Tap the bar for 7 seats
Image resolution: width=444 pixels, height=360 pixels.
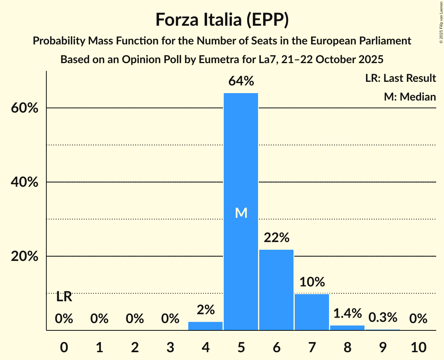[x=312, y=312]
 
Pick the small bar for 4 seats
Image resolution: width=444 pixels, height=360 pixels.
[x=205, y=326]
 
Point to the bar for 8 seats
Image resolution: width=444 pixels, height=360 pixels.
[x=347, y=328]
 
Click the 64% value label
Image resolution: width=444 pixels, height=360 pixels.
[x=241, y=81]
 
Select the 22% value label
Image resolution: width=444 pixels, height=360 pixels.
[x=276, y=237]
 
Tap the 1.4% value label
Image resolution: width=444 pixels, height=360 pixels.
[x=347, y=313]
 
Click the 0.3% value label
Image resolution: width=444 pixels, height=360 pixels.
[x=383, y=317]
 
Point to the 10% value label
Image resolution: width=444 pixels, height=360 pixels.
[x=312, y=282]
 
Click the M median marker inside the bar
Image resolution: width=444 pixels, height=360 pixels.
[x=241, y=213]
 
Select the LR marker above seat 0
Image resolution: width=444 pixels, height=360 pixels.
[x=64, y=297]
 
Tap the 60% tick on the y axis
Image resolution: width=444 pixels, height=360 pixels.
[x=24, y=108]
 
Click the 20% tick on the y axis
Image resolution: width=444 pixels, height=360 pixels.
[x=24, y=257]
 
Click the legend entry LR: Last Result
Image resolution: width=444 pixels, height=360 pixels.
[x=400, y=78]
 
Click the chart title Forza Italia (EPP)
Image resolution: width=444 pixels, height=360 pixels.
[x=222, y=19]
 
